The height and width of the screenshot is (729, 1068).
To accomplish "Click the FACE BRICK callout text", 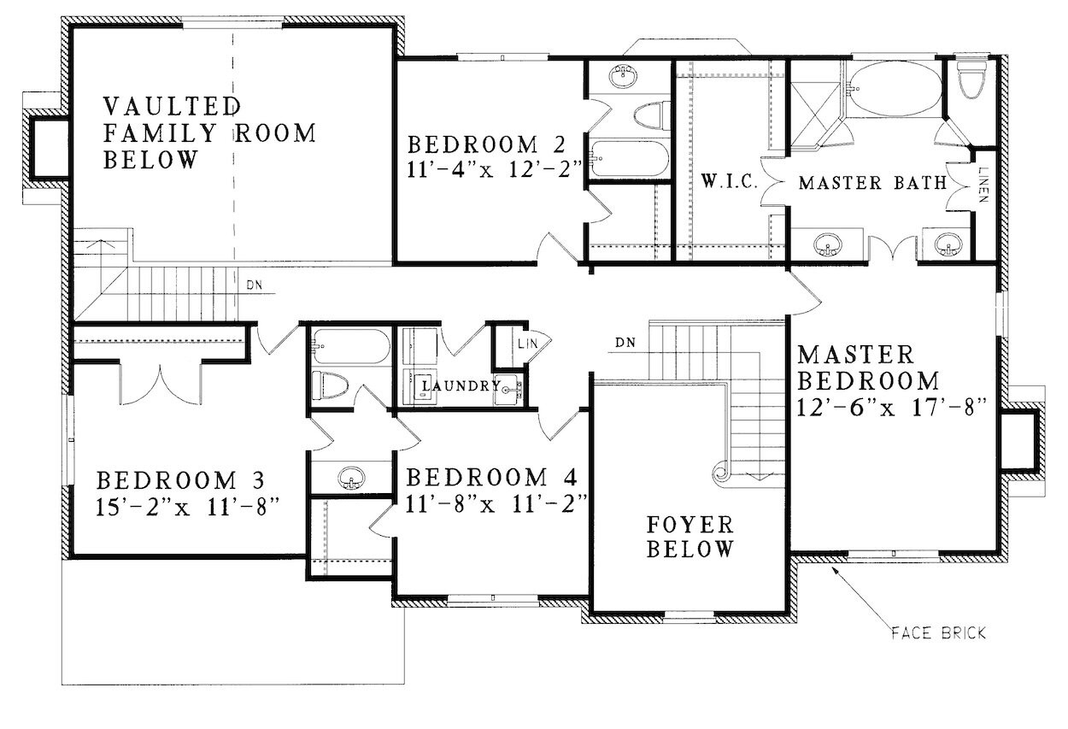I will [938, 633].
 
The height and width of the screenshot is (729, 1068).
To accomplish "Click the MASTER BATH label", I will [871, 182].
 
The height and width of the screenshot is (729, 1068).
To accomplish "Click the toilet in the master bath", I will [971, 81].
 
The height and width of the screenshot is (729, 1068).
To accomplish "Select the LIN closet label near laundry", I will [526, 344].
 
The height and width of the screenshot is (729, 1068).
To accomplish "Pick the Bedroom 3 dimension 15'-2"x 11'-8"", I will [189, 506].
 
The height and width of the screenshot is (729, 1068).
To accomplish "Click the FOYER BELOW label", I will [690, 536].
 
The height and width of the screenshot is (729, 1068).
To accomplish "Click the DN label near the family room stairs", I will [255, 285].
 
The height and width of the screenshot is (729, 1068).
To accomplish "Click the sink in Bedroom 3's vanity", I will [349, 479].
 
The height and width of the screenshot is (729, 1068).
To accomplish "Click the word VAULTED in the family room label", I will [171, 107].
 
